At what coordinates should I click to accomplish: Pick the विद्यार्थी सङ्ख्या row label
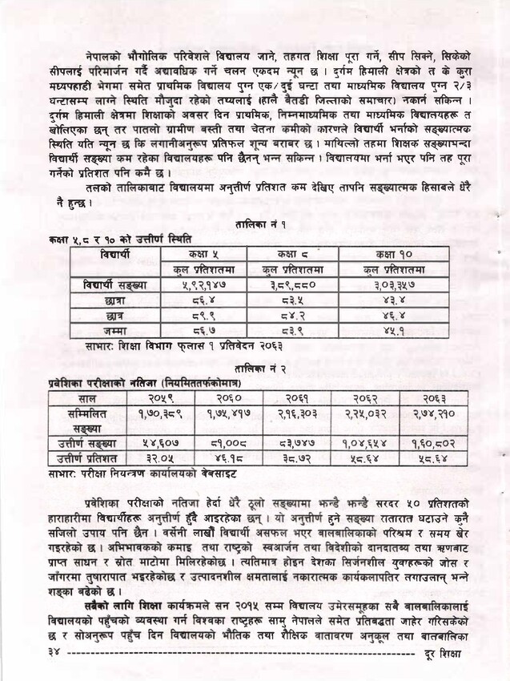(x=115, y=284)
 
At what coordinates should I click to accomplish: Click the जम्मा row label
(x=115, y=329)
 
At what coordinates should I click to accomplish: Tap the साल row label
(x=88, y=398)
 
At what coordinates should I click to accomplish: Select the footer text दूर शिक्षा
(x=442, y=655)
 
